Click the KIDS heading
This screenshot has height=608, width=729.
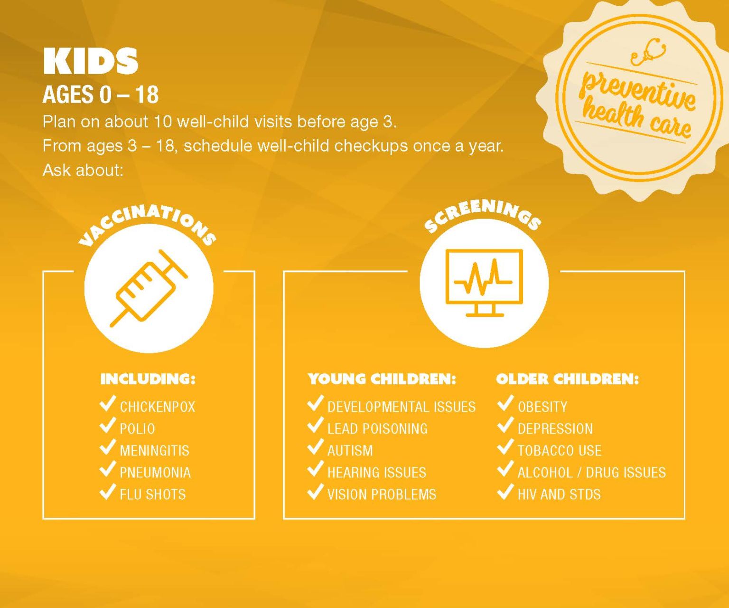(90, 61)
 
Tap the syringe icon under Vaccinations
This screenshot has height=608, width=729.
(149, 288)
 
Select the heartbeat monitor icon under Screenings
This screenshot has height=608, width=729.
(484, 283)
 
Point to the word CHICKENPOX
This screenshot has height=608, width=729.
(157, 407)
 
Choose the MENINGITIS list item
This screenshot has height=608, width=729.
(154, 451)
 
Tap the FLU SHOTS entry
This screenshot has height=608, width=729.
(152, 494)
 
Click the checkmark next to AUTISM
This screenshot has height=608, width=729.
(315, 447)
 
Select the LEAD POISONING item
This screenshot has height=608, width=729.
(377, 429)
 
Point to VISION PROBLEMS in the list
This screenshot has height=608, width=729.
(382, 494)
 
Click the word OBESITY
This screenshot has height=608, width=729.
(542, 407)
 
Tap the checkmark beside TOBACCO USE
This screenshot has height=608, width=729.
(505, 447)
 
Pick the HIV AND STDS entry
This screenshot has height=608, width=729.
(559, 494)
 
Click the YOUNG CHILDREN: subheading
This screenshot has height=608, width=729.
(382, 379)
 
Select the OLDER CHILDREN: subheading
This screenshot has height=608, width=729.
(567, 379)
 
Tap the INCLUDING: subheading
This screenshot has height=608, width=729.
(148, 379)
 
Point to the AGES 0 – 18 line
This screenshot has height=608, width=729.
(101, 95)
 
